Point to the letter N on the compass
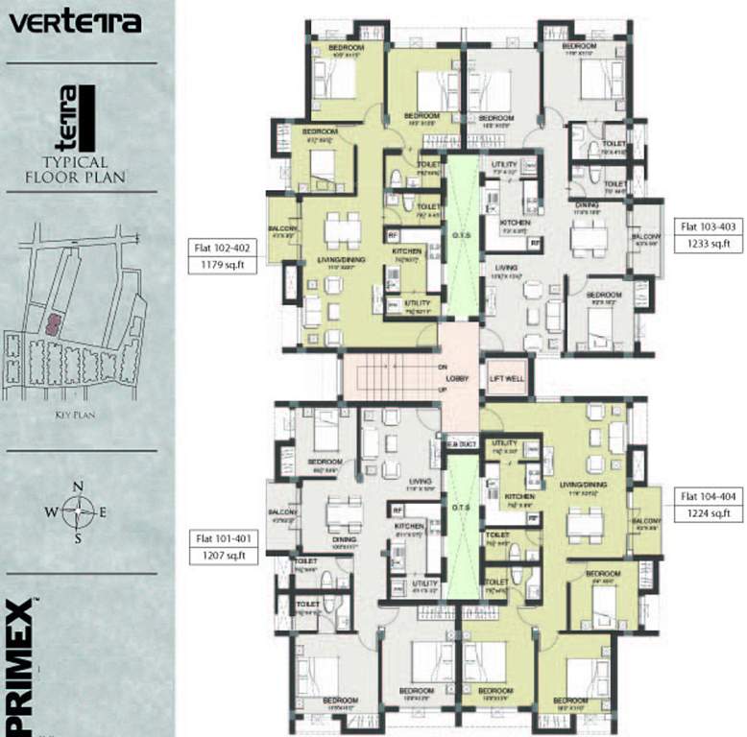(79, 486)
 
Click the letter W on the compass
(50, 511)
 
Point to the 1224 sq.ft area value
(707, 514)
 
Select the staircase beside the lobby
(389, 378)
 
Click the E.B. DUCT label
(461, 443)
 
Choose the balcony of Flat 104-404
(646, 519)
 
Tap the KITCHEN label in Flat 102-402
(407, 251)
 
